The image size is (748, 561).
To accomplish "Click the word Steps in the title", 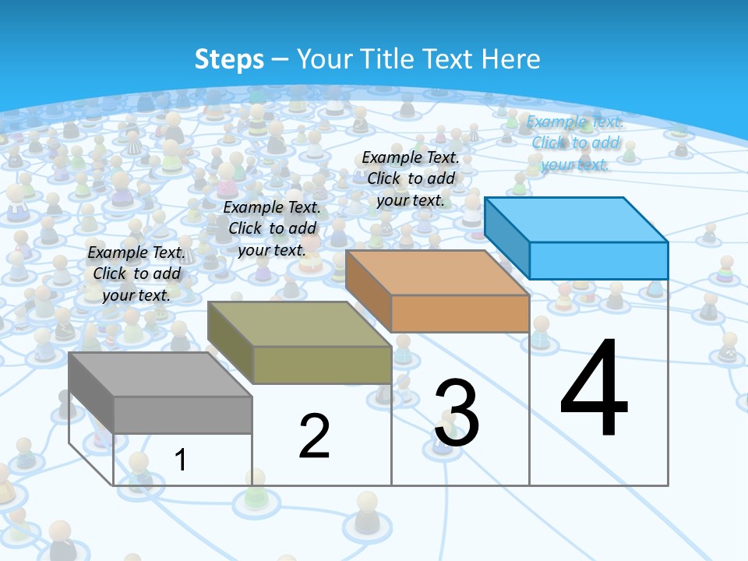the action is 229,59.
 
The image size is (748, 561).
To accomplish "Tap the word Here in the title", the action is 511,59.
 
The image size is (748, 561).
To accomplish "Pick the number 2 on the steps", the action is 315,436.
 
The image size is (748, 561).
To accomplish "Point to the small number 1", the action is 181,460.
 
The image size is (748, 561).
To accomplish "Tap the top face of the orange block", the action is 437,273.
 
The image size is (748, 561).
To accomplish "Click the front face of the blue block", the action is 598,260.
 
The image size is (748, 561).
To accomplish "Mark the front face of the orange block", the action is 460,313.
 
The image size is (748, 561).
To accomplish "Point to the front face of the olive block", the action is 322,365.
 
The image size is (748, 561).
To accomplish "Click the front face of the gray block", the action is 183,415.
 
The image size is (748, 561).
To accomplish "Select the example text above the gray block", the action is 137,273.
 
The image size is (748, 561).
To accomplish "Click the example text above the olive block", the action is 272,228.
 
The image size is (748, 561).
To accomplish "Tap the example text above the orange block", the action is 411,178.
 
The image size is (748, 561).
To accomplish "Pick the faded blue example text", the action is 575,143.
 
